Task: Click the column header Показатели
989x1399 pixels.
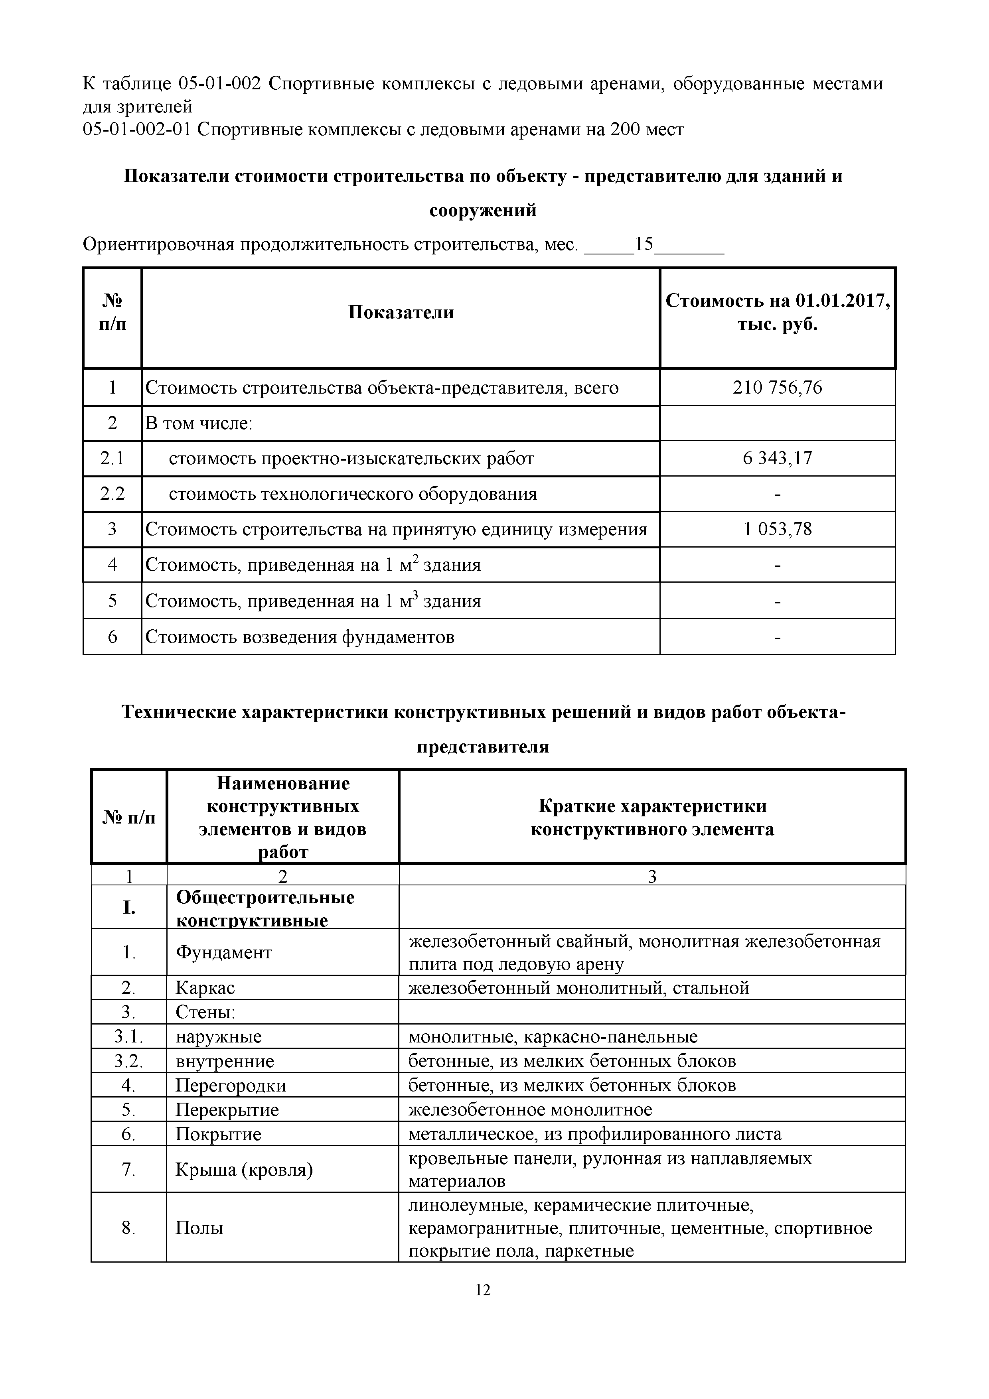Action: pyautogui.click(x=401, y=313)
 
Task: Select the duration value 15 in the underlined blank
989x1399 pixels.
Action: pyautogui.click(x=644, y=244)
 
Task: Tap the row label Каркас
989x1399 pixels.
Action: pyautogui.click(x=205, y=988)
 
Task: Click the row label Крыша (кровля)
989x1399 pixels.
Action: pyautogui.click(x=244, y=1169)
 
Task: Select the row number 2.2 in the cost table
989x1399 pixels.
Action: pyautogui.click(x=112, y=494)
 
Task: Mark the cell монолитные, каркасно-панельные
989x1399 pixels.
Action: pyautogui.click(x=553, y=1036)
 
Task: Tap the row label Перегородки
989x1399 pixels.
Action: pyautogui.click(x=230, y=1085)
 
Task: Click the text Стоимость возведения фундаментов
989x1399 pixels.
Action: pyautogui.click(x=300, y=637)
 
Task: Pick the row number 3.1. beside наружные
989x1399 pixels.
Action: pyautogui.click(x=128, y=1036)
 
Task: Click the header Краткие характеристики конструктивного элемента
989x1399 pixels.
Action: pyautogui.click(x=651, y=818)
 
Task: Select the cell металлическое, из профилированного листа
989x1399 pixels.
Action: pyautogui.click(x=594, y=1134)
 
